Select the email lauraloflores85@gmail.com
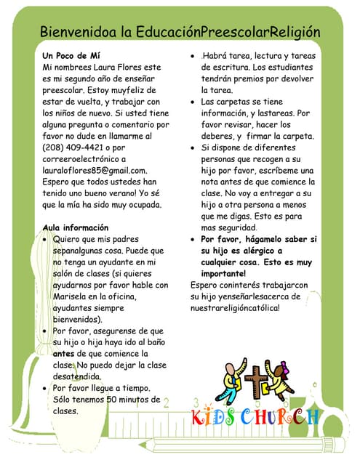click(x=95, y=169)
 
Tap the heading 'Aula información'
click(x=76, y=227)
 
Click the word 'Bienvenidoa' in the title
click(x=79, y=32)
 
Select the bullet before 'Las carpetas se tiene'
click(x=192, y=102)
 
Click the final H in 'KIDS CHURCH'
click(x=312, y=418)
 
